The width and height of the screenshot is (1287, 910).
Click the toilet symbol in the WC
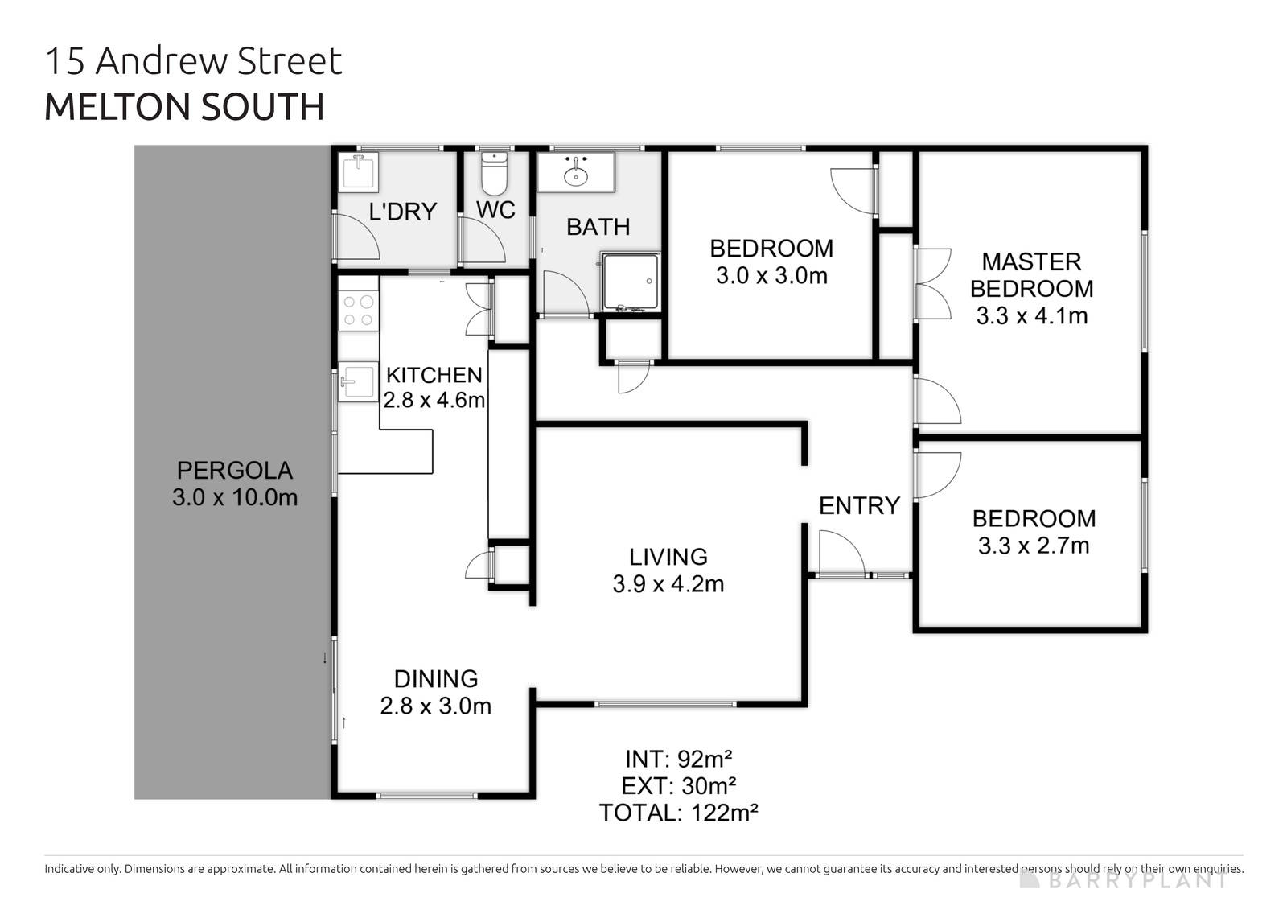pyautogui.click(x=493, y=174)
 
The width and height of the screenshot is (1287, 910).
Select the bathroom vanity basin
pyautogui.click(x=576, y=172)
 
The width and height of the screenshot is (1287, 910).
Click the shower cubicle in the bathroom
pyautogui.click(x=630, y=282)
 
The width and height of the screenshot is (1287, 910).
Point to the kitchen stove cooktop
pyautogui.click(x=358, y=311)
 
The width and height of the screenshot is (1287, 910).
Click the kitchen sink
pyautogui.click(x=357, y=382)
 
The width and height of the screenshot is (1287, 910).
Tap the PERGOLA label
pyautogui.click(x=234, y=470)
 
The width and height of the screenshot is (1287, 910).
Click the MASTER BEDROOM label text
pyautogui.click(x=1032, y=275)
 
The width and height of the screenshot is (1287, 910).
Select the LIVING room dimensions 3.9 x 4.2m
pyautogui.click(x=668, y=584)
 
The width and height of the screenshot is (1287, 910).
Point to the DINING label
pyautogui.click(x=436, y=679)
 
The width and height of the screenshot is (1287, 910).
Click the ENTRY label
pyautogui.click(x=859, y=506)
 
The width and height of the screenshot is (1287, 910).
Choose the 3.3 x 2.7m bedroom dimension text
pyautogui.click(x=1034, y=546)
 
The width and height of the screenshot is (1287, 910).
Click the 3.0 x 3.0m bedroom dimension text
pyautogui.click(x=771, y=276)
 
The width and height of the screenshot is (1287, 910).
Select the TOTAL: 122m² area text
pyautogui.click(x=679, y=813)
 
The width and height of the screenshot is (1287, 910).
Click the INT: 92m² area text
pyautogui.click(x=679, y=759)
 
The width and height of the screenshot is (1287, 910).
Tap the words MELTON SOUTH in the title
pyautogui.click(x=184, y=107)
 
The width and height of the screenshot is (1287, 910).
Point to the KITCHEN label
pyautogui.click(x=434, y=375)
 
